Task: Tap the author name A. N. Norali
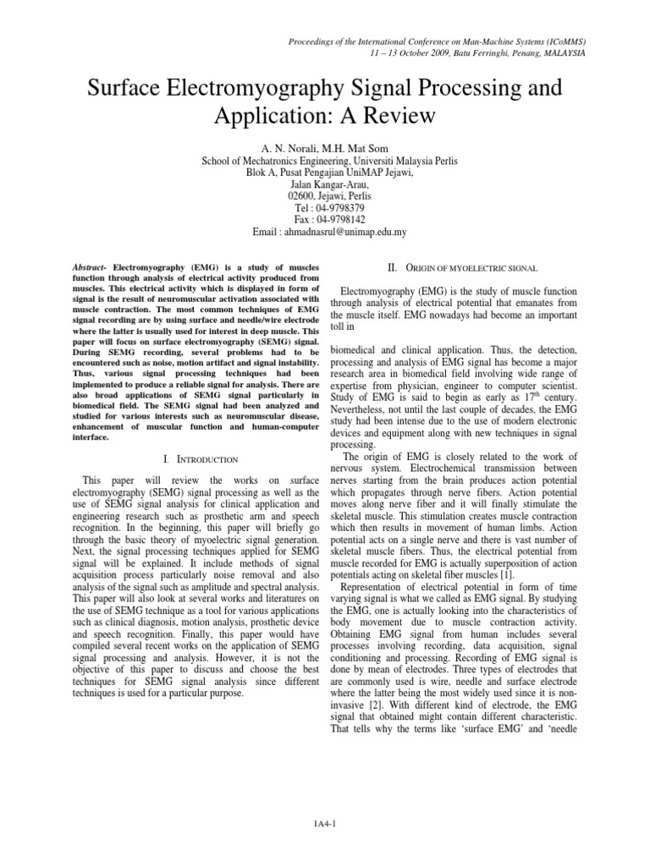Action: [x=284, y=148]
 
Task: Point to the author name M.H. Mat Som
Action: [x=357, y=148]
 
